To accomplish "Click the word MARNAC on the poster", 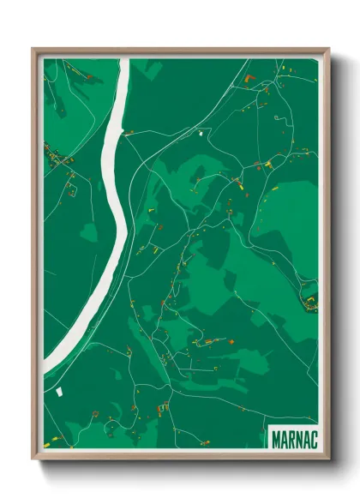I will (x=293, y=438).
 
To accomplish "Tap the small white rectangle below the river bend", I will (x=59, y=391).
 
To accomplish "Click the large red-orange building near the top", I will (x=248, y=79).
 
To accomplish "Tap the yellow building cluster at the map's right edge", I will (x=310, y=301).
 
